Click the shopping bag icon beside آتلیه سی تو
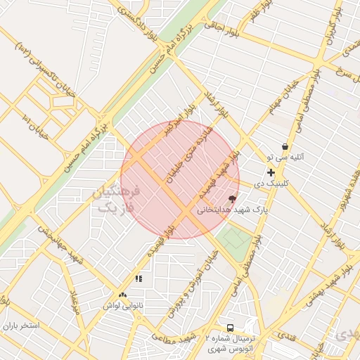(x=285, y=147)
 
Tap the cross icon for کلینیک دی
(x=271, y=172)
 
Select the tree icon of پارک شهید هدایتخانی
(x=233, y=198)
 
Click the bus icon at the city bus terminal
(x=230, y=328)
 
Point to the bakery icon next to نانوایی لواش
(x=123, y=295)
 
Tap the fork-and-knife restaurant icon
(x=139, y=279)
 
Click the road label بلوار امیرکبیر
(x=179, y=120)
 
